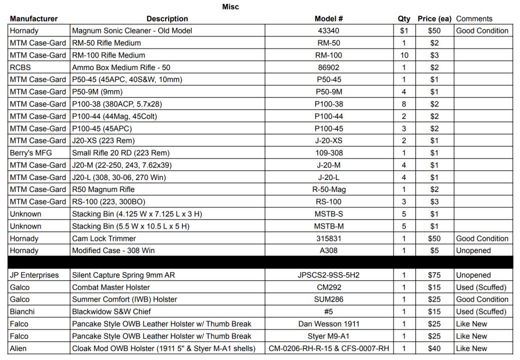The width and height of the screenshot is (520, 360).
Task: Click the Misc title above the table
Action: point(231,6)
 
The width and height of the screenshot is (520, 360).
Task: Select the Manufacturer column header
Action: point(34,19)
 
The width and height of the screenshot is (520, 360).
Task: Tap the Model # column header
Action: point(329,19)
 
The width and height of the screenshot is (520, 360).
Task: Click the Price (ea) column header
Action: point(434,19)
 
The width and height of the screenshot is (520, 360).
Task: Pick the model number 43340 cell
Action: point(329,31)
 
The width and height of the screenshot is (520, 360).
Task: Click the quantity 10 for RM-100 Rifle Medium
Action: point(404,55)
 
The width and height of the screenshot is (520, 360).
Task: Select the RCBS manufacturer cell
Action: point(21,67)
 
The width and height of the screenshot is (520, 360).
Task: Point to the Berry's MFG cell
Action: point(31,153)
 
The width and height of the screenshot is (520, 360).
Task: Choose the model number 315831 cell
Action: point(329,238)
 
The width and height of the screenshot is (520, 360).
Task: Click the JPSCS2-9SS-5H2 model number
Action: point(329,275)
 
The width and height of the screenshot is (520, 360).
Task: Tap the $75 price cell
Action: point(434,275)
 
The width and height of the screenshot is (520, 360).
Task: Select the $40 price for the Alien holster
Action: point(434,348)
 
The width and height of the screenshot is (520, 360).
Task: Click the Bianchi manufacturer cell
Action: point(23,312)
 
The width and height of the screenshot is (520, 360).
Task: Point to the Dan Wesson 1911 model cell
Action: point(329,324)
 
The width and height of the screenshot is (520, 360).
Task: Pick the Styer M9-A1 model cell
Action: point(329,336)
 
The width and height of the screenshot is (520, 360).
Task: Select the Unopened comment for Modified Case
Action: point(473,251)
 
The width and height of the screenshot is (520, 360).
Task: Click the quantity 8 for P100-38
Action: point(404,104)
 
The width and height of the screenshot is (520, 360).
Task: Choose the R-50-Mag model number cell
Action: point(329,189)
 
